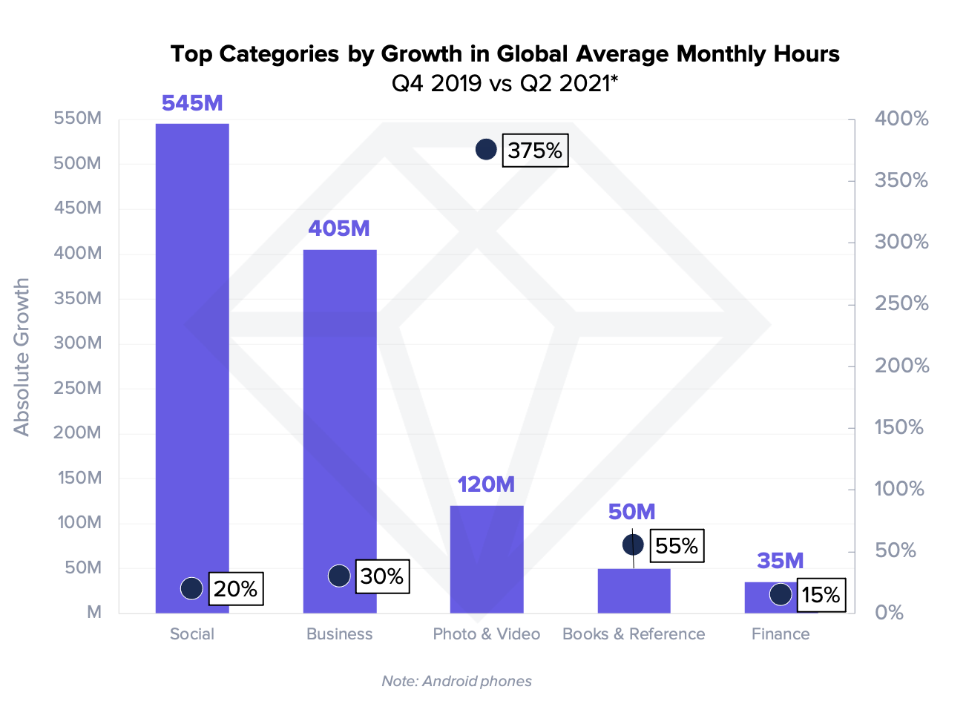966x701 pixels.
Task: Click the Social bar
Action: (192, 356)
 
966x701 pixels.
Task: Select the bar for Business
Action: (340, 415)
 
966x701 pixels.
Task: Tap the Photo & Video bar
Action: (487, 559)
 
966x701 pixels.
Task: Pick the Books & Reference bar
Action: (634, 591)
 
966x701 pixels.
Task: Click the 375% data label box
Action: (535, 151)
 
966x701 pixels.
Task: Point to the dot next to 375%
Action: (486, 150)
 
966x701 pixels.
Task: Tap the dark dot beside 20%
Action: (191, 588)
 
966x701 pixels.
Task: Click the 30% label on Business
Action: (382, 576)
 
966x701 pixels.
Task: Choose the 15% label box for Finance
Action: (821, 595)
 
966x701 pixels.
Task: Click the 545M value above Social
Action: (192, 103)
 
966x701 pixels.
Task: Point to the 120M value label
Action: (486, 484)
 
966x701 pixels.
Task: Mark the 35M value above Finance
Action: (781, 561)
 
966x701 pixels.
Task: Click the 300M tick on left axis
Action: (77, 343)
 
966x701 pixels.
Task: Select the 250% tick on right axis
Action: (901, 303)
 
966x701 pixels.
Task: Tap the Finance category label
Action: (781, 634)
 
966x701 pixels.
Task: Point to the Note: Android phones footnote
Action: (456, 681)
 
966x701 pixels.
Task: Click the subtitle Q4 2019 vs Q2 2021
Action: (505, 83)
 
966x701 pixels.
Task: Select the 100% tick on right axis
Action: (899, 489)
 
